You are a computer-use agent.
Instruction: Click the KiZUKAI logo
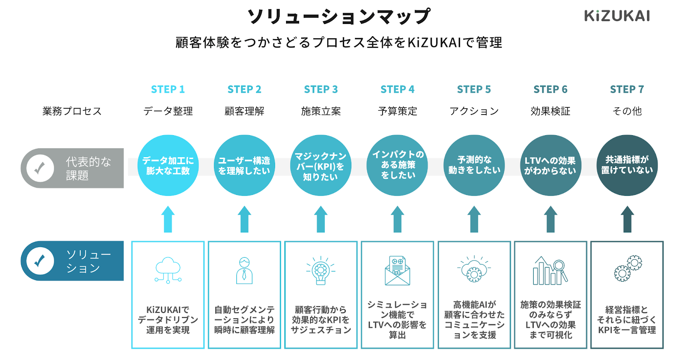click(617, 16)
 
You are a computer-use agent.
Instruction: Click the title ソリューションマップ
click(339, 17)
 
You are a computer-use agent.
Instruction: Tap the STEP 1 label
click(168, 89)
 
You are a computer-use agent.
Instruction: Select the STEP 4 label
click(397, 89)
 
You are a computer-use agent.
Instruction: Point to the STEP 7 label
click(627, 89)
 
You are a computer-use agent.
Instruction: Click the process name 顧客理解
click(244, 111)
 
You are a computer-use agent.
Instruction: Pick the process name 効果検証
click(550, 111)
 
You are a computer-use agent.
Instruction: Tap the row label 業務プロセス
click(72, 111)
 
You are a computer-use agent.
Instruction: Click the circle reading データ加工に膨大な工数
click(168, 165)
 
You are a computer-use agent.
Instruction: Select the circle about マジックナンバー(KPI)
click(321, 165)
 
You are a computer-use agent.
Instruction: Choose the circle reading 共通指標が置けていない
click(627, 165)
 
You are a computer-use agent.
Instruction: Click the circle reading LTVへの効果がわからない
click(550, 165)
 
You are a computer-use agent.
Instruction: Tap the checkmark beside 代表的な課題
click(40, 168)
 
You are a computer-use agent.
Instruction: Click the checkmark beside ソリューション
click(40, 261)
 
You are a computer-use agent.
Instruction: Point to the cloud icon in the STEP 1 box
click(168, 270)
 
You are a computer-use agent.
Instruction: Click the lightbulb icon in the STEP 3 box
click(321, 271)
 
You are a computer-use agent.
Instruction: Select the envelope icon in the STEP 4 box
click(397, 271)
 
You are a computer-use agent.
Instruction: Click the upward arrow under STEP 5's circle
click(474, 219)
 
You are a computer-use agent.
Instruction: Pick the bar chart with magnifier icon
click(550, 271)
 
